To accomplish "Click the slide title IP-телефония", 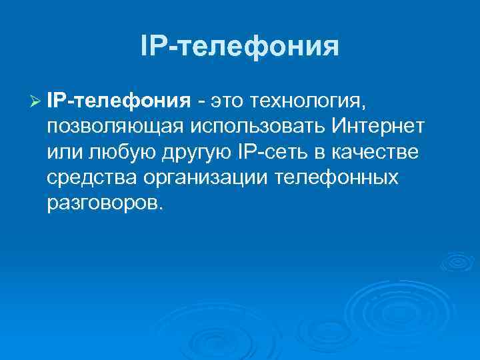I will (240, 47).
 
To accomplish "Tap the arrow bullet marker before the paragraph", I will (36, 101).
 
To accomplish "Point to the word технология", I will (307, 101).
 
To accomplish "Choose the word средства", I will (93, 178).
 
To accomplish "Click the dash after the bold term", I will (200, 101).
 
